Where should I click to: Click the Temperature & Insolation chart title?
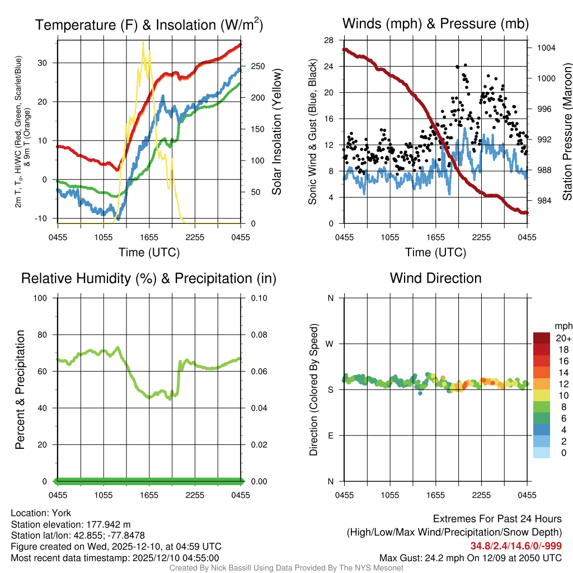click(x=149, y=25)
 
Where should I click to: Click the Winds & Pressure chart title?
click(x=435, y=24)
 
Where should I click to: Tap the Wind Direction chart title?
click(x=435, y=278)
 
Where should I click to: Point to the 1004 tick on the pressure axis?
click(x=545, y=48)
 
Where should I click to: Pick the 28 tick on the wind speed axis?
click(x=329, y=40)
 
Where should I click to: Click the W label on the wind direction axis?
click(x=331, y=344)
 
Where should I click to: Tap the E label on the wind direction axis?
click(x=331, y=435)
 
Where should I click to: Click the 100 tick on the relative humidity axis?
click(x=44, y=298)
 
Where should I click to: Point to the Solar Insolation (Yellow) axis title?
click(x=276, y=132)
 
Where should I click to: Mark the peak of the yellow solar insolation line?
click(x=143, y=41)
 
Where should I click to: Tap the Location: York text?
click(x=41, y=513)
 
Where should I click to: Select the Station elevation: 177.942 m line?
click(x=71, y=524)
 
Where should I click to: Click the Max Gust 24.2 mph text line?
click(x=470, y=557)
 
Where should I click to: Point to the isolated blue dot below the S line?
click(x=420, y=393)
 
